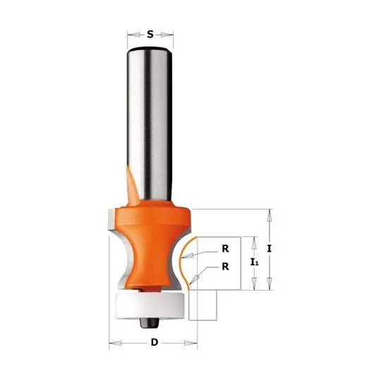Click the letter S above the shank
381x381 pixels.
pos(150,35)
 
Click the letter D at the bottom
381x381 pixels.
pos(155,342)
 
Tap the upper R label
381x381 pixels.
pos(225,248)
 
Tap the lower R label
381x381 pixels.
pos(225,267)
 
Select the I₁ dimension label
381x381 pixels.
pos(255,262)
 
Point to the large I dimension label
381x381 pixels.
pos(270,248)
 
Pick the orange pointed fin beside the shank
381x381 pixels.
pos(132,186)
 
